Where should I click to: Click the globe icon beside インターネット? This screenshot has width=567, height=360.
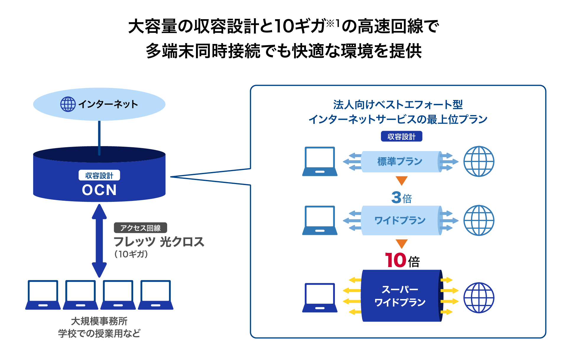pyautogui.click(x=68, y=104)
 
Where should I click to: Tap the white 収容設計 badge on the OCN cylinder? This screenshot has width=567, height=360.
pyautogui.click(x=99, y=175)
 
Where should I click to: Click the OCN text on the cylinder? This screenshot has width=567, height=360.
pyautogui.click(x=99, y=190)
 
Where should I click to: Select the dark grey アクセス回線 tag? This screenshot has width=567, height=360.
pyautogui.click(x=141, y=228)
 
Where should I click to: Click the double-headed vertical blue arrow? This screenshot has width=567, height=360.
pyautogui.click(x=99, y=241)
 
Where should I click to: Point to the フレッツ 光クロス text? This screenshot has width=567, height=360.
pyautogui.click(x=159, y=242)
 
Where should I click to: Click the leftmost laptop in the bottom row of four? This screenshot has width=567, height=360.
pyautogui.click(x=43, y=295)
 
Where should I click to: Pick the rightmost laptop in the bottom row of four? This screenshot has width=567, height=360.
pyautogui.click(x=156, y=295)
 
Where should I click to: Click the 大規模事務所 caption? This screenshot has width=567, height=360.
pyautogui.click(x=99, y=321)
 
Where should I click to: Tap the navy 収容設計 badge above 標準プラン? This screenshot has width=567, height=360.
pyautogui.click(x=402, y=136)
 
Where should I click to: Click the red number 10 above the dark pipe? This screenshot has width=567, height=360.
pyautogui.click(x=396, y=260)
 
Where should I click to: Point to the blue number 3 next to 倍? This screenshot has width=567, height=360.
pyautogui.click(x=396, y=197)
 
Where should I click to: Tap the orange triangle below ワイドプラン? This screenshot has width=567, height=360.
pyautogui.click(x=402, y=244)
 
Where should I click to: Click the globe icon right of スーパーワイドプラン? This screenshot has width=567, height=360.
pyautogui.click(x=479, y=298)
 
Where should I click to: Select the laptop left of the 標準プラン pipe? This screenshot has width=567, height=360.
pyautogui.click(x=320, y=161)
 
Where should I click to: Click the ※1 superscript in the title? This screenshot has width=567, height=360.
pyautogui.click(x=333, y=23)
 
